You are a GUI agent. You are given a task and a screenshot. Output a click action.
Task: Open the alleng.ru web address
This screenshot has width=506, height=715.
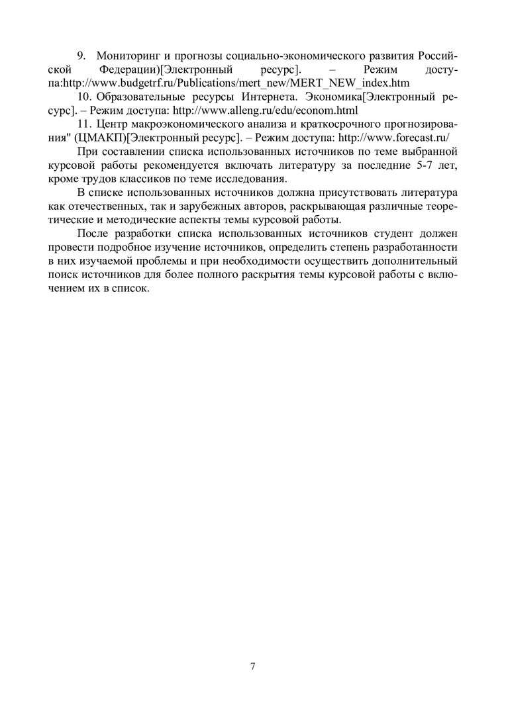pyautogui.click(x=264, y=111)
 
